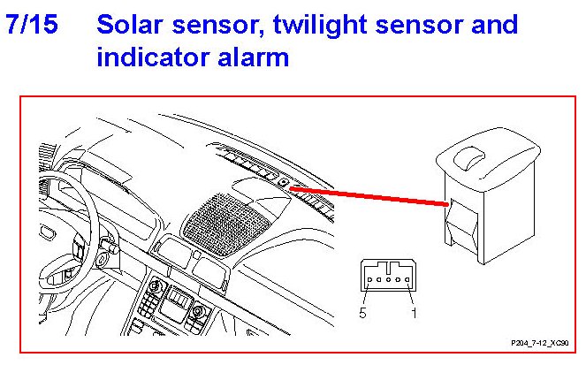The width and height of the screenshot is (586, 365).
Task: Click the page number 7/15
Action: point(32,25)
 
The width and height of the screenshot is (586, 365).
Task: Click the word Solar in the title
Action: point(130,25)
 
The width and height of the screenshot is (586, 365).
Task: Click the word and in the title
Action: point(494,25)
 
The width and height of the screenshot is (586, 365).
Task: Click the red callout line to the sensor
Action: point(369,196)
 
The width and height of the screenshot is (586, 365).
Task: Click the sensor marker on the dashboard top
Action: point(284,183)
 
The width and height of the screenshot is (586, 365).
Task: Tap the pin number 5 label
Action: point(362,313)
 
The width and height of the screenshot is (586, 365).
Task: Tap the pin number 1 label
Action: point(414,313)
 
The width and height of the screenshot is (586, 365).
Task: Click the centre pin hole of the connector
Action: point(388,279)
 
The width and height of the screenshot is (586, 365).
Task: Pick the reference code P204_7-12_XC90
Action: point(540,343)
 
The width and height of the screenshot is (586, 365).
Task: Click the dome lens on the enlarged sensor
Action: point(469,157)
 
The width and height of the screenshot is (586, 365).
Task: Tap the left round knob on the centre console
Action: point(155,287)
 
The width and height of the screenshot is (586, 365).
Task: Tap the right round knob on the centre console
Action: point(197,311)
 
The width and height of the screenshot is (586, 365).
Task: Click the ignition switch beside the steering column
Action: point(102,258)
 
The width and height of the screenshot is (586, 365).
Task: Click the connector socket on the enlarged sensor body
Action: point(461,224)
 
